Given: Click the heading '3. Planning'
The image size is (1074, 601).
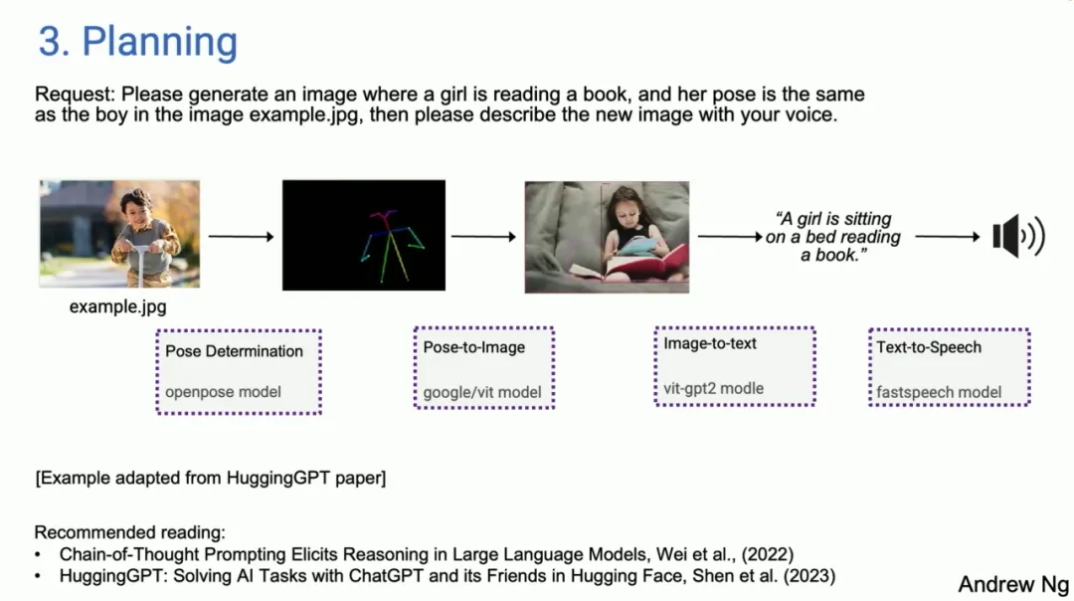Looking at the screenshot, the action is point(137,41).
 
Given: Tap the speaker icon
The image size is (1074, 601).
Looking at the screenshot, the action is point(1018,237).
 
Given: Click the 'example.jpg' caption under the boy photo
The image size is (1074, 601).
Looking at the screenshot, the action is point(117,307).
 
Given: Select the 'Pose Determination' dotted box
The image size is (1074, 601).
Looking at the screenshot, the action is point(239,372).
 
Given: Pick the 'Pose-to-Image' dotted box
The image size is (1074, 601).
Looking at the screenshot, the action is point(484,368).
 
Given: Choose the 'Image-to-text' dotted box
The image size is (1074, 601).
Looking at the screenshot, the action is point(735,366).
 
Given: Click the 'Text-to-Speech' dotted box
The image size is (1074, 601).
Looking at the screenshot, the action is point(950,367).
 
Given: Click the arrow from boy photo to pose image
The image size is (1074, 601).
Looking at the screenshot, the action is point(241,237).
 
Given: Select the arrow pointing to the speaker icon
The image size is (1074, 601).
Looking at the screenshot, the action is point(948,237).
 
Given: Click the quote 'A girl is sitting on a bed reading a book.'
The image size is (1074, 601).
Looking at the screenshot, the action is point(833,237).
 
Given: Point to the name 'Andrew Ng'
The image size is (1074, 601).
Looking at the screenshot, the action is point(1013,584).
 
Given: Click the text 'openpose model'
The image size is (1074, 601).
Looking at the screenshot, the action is point(223,392).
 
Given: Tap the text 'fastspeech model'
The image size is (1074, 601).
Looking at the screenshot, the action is point(939,393).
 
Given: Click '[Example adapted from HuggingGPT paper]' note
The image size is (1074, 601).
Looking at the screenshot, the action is point(210,478).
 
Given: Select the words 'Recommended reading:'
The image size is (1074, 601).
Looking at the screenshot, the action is point(129,532).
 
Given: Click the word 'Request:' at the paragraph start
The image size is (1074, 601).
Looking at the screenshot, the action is point(76,95).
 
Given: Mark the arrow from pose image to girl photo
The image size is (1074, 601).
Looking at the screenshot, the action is point(483,237).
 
